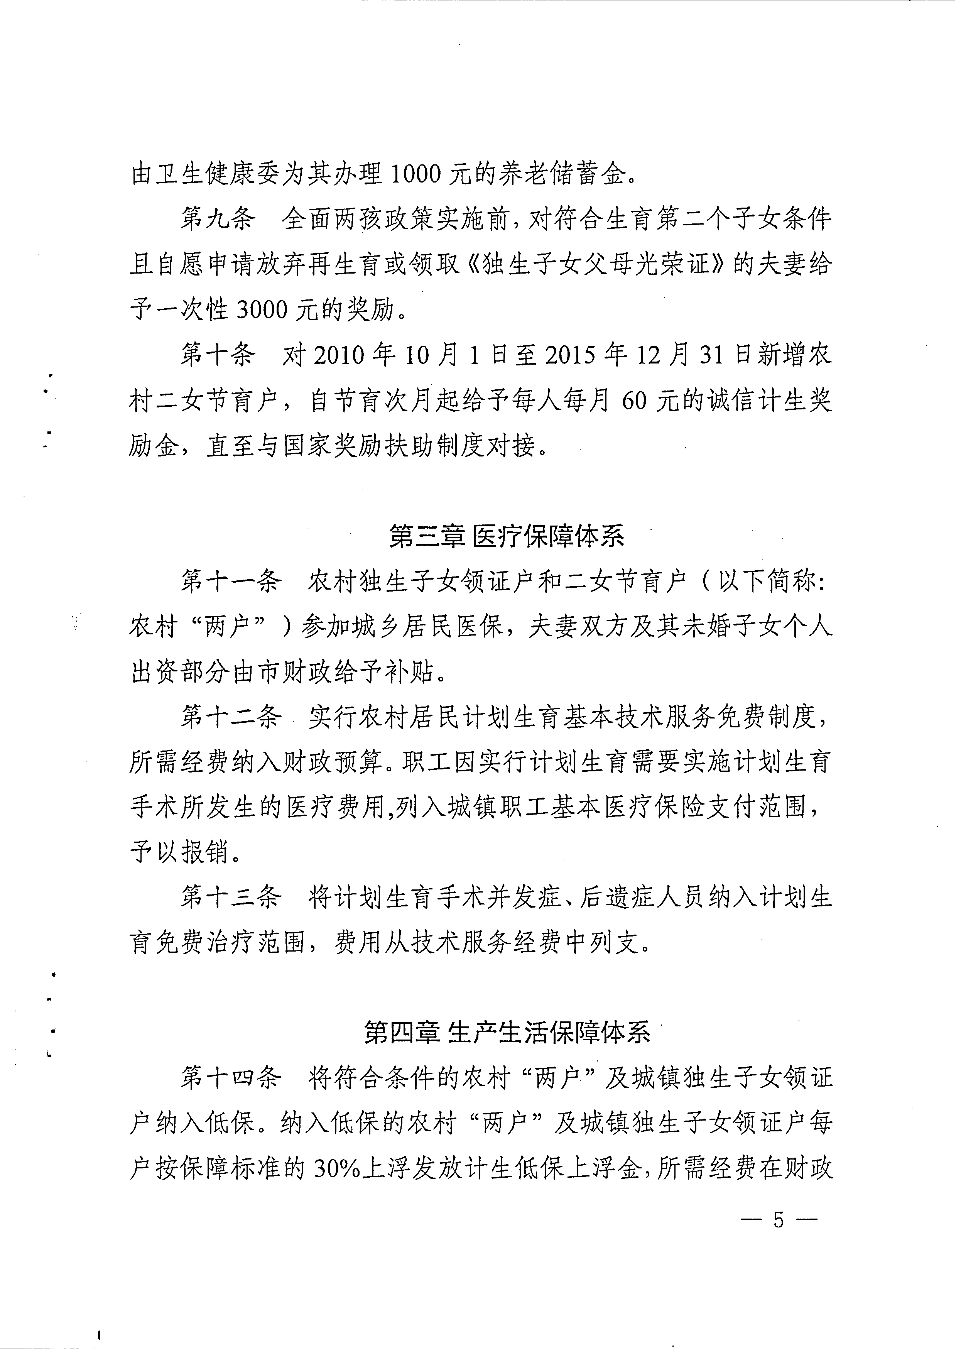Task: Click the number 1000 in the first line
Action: [415, 175]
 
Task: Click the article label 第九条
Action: [218, 220]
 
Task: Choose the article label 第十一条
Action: [230, 582]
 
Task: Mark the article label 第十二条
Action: [230, 717]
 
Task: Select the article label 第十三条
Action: [230, 898]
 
